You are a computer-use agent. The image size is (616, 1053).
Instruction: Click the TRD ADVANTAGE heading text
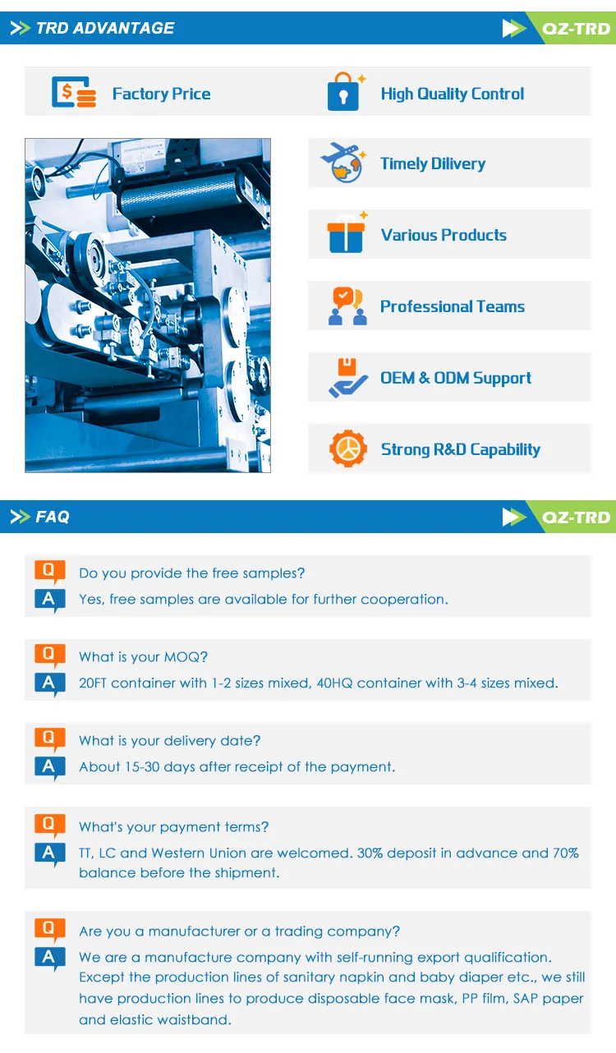click(105, 28)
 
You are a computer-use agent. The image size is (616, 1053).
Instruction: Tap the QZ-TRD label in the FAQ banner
click(576, 517)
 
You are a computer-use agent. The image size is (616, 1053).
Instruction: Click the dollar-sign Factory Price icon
click(74, 92)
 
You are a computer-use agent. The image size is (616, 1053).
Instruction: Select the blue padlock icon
click(343, 93)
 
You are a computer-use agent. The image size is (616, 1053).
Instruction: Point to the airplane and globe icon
click(342, 163)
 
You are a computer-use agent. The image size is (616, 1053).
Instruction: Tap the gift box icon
click(347, 233)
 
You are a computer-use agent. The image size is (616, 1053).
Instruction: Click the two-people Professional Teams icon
click(347, 306)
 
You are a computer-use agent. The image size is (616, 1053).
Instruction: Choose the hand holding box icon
click(347, 378)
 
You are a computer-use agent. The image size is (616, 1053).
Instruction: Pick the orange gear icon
click(348, 448)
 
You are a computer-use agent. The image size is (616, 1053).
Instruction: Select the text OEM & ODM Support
click(456, 378)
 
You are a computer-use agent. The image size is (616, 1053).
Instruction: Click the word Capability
click(505, 449)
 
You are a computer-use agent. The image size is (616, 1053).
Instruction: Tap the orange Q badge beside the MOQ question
click(49, 655)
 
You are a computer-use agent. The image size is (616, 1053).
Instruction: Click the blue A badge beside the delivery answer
click(49, 767)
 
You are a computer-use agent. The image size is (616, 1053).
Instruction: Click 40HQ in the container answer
click(334, 683)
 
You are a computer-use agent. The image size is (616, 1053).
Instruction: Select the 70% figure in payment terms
click(566, 853)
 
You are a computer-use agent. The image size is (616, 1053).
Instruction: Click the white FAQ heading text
click(53, 517)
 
